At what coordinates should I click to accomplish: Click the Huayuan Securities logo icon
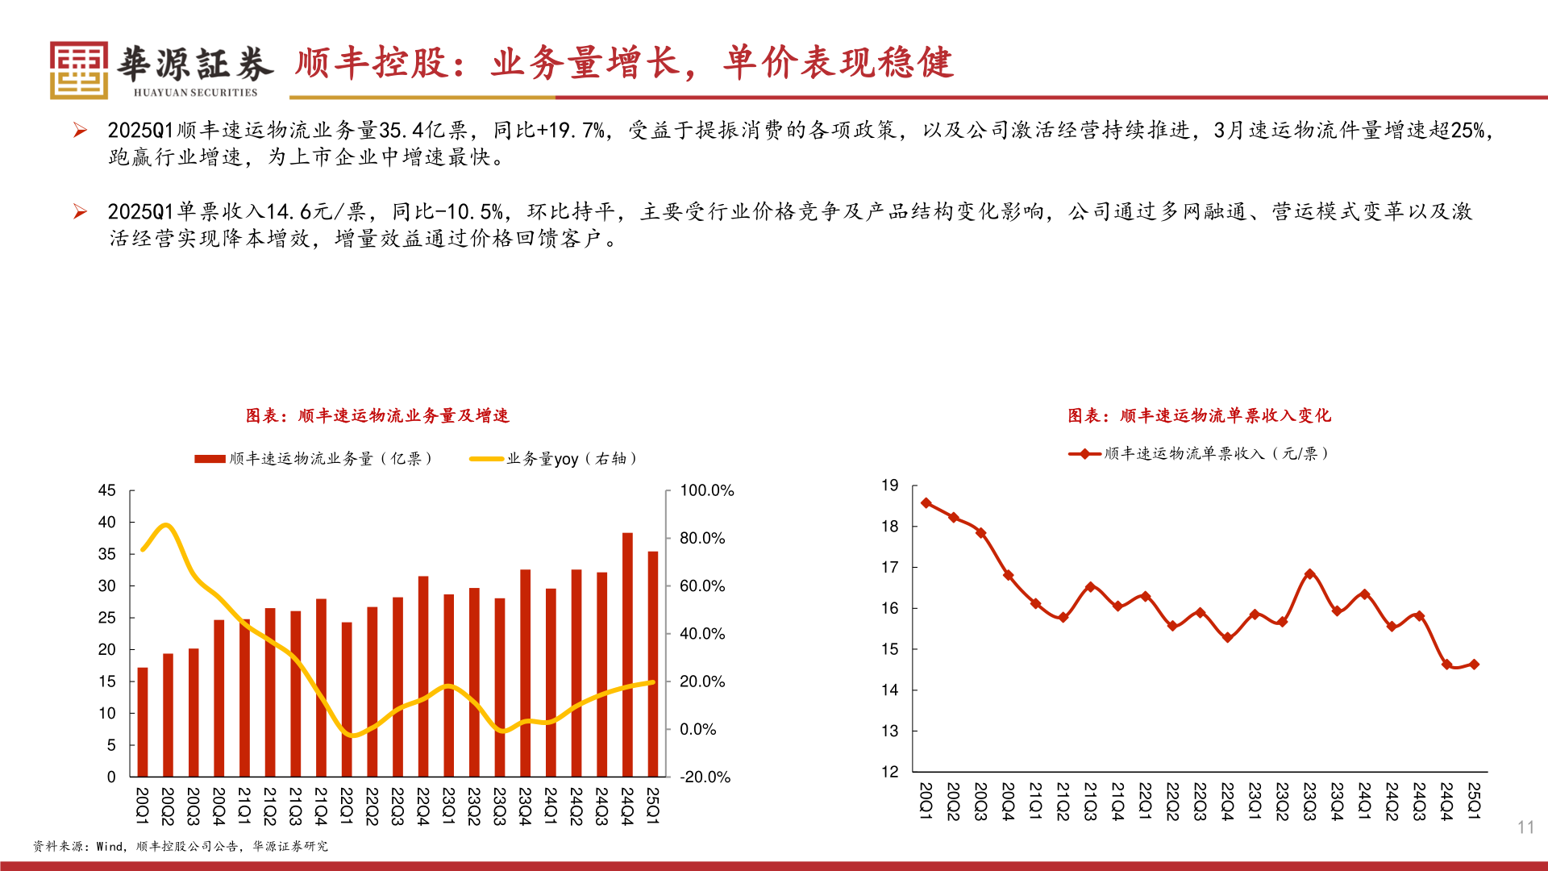[78, 70]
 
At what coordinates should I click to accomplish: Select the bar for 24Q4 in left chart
[627, 655]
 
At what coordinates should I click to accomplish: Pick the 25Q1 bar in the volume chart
[653, 664]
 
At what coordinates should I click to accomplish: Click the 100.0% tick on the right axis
[706, 490]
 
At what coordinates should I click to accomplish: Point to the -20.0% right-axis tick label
[705, 777]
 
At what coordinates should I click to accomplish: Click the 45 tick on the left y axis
[106, 490]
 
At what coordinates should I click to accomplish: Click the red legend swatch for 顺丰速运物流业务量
[210, 459]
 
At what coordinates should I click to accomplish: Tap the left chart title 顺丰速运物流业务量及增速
[377, 415]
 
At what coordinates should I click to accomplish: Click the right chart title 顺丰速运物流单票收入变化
[1199, 415]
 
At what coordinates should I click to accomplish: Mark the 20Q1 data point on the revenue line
[926, 503]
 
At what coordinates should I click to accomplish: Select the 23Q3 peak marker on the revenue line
[1309, 574]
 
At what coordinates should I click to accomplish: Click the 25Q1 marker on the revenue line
[1474, 665]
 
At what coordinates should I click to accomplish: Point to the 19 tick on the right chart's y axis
[889, 486]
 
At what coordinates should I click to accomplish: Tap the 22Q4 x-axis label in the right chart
[1227, 801]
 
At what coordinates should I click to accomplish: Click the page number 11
[1525, 827]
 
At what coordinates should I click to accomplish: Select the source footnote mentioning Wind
[181, 846]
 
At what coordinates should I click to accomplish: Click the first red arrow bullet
[80, 130]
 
